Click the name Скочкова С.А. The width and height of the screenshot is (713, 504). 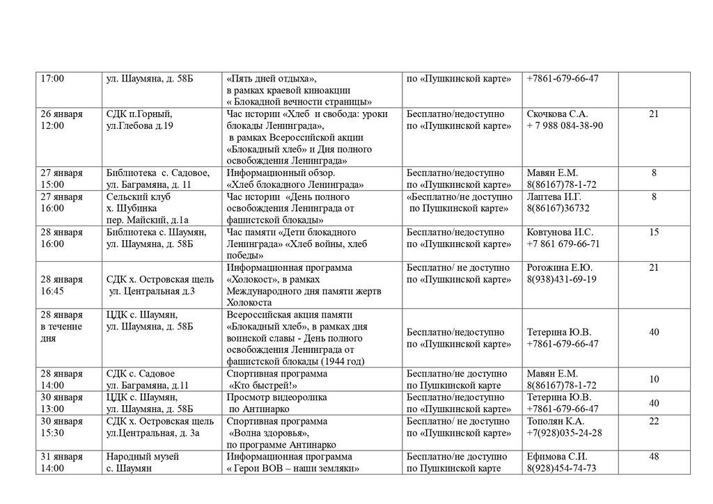pos(557,113)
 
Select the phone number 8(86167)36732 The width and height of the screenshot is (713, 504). pos(558,207)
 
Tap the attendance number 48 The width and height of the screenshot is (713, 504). pos(654,457)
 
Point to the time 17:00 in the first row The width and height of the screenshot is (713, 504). pos(52,78)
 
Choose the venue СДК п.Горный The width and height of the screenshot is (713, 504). pos(139,113)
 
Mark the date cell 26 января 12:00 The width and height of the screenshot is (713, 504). pos(61,120)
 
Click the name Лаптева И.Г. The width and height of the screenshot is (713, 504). pos(554,196)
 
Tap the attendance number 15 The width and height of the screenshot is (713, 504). pos(654,232)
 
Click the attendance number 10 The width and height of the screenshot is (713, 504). pos(654,379)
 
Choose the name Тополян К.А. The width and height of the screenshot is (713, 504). pos(556,421)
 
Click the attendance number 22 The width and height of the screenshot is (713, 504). pos(654,421)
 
